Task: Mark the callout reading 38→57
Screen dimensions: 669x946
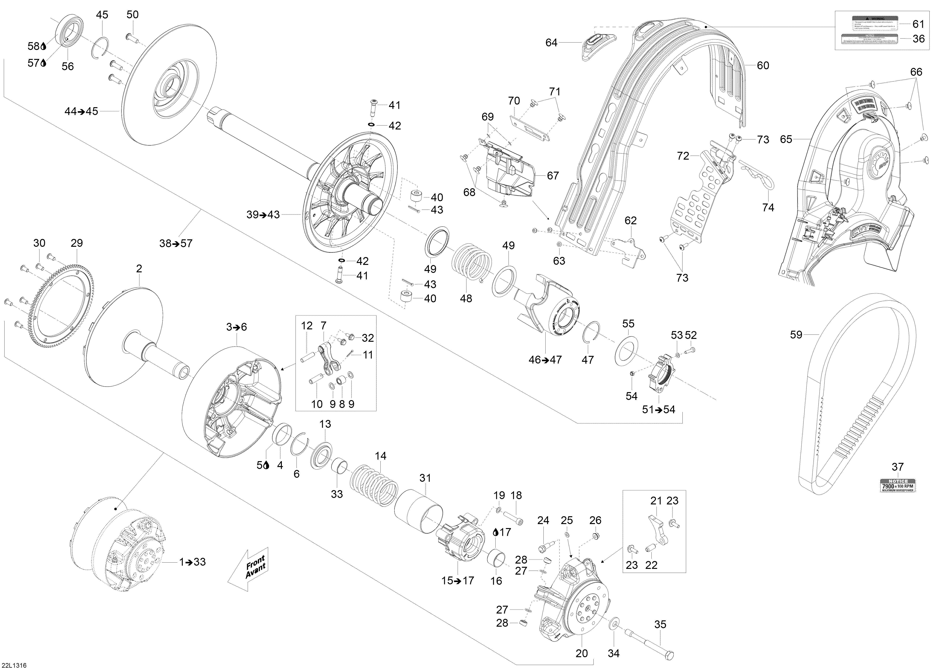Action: pos(176,244)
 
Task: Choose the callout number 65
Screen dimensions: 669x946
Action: pos(786,139)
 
